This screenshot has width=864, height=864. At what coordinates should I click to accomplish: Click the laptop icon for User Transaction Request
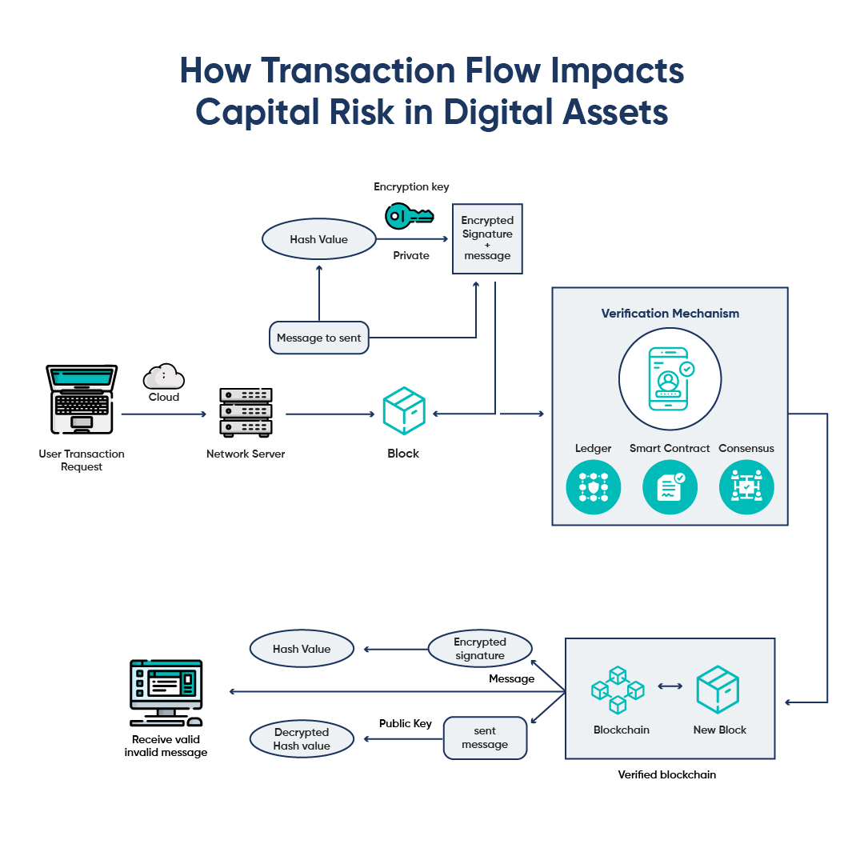82,400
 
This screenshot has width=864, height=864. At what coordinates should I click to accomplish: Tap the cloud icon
164,376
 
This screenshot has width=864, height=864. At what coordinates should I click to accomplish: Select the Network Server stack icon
246,412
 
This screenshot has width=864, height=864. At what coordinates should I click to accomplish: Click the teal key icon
408,215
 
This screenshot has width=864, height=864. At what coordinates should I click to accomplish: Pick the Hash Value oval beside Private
319,239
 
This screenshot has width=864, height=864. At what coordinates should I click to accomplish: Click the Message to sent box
318,338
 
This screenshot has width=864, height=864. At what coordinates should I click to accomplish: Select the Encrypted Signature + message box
487,238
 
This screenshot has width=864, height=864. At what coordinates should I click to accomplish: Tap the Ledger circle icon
594,487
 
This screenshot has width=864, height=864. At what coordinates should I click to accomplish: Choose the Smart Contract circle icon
670,487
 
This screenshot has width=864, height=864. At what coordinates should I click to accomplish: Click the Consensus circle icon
746,487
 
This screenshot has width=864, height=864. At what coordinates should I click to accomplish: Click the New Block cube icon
718,690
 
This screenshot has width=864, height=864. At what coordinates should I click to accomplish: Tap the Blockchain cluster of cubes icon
618,689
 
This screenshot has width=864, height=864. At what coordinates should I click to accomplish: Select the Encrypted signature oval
480,649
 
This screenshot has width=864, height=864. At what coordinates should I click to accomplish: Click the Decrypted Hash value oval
302,738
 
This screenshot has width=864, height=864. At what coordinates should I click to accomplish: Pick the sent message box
485,738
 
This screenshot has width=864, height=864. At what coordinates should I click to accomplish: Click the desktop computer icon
166,690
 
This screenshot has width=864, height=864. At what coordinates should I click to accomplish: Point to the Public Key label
405,723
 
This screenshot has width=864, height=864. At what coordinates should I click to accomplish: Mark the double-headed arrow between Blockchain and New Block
670,686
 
